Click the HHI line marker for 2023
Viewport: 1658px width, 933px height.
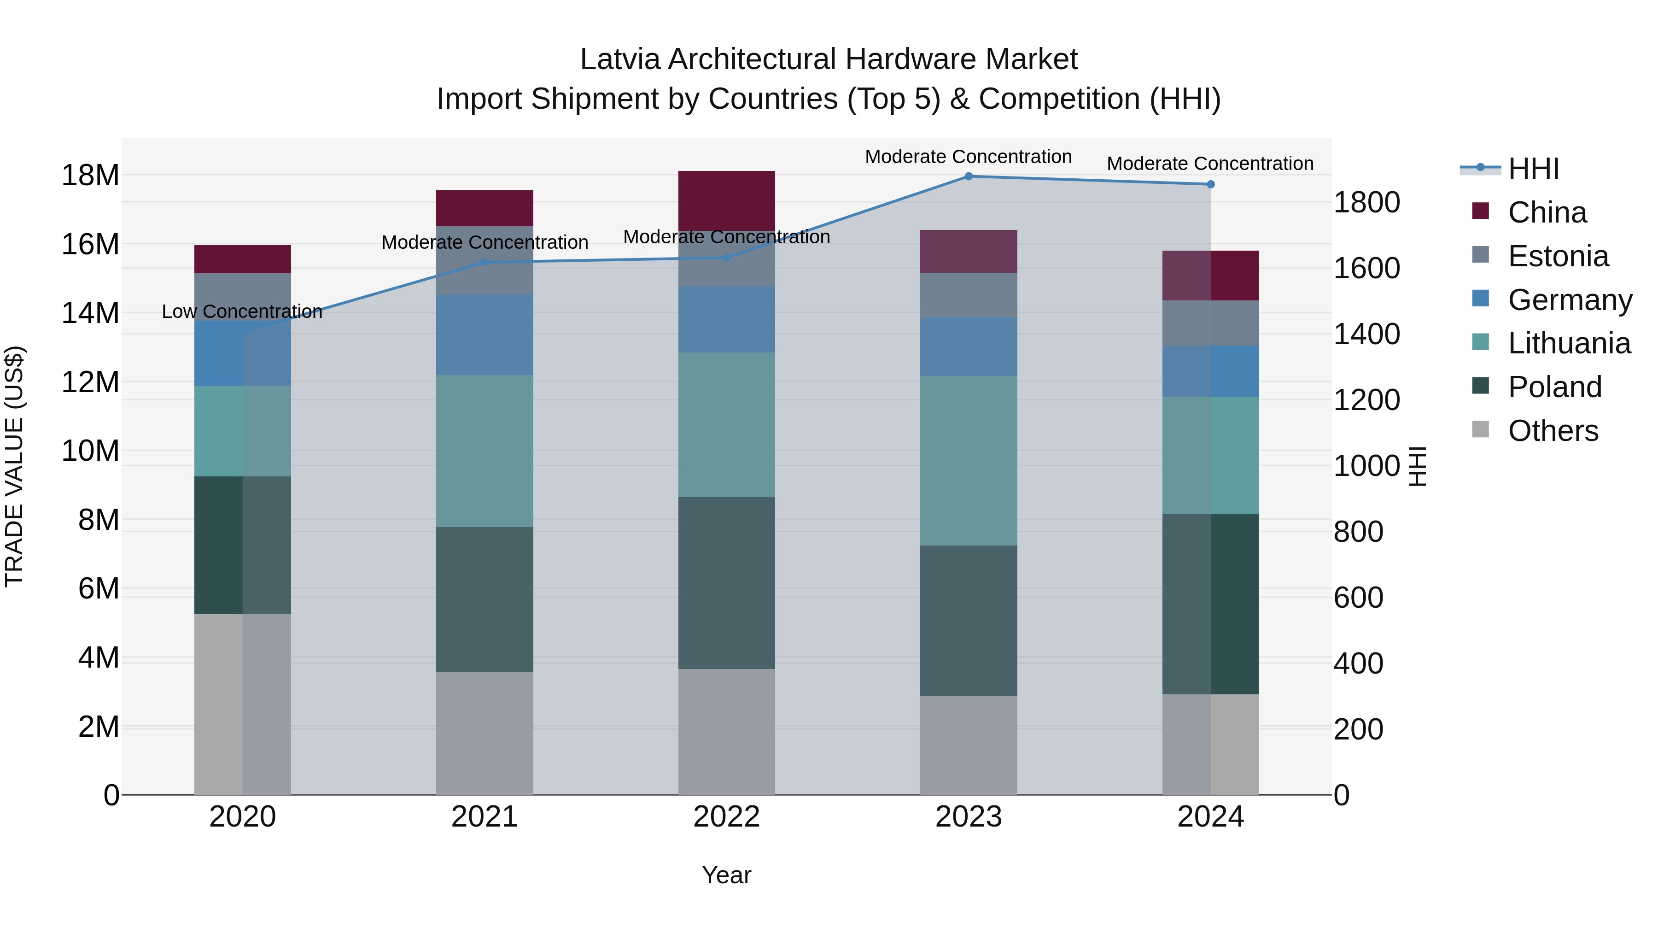[968, 176]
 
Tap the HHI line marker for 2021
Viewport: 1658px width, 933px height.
[485, 262]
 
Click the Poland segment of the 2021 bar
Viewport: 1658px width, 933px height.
[485, 599]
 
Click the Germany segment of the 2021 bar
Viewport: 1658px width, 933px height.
[485, 335]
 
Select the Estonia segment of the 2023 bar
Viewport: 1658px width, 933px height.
[968, 295]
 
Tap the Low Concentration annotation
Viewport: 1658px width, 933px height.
[241, 311]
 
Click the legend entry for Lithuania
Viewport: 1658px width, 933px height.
[1569, 343]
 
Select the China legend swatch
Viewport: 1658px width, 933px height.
[1480, 211]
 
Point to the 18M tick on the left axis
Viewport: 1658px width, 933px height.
[90, 175]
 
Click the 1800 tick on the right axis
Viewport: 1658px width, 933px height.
[1366, 202]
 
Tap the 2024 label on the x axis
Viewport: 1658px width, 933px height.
[1210, 817]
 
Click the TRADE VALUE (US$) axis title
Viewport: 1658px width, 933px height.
[14, 466]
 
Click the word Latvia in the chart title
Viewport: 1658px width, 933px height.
[620, 59]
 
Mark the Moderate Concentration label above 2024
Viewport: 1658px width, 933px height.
[1209, 164]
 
